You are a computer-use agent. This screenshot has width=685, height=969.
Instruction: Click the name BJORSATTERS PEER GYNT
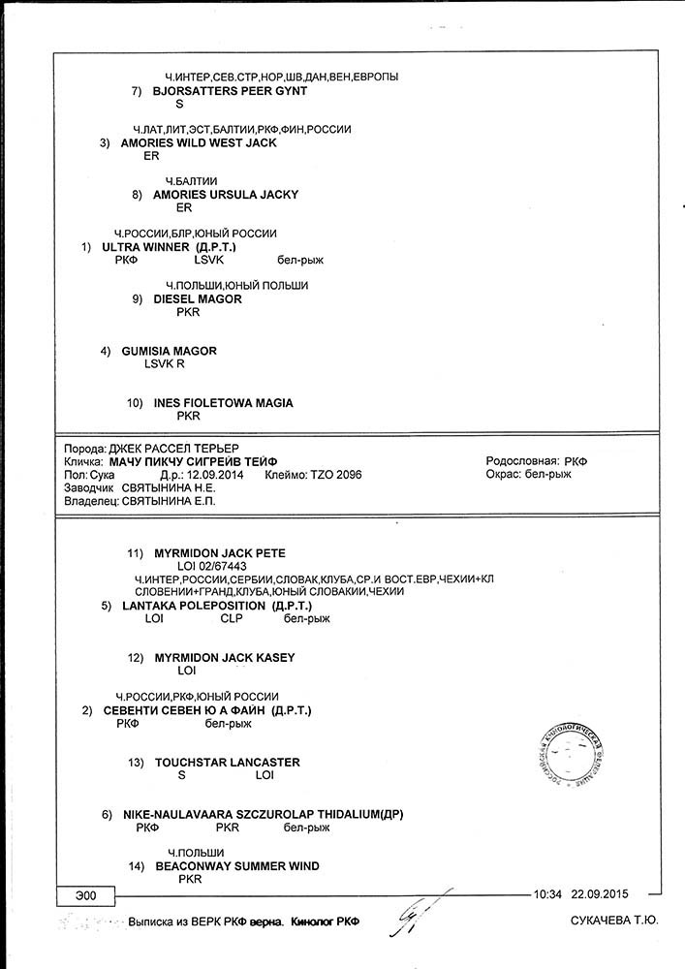click(x=230, y=91)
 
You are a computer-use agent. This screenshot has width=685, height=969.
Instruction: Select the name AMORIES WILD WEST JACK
click(x=198, y=142)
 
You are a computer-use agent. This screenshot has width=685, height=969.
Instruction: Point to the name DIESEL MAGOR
click(x=198, y=299)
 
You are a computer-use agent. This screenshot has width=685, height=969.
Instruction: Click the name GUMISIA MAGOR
click(x=169, y=351)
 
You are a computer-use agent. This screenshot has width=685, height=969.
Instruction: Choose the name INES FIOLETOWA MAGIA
click(x=223, y=403)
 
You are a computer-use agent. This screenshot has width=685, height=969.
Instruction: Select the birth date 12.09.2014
click(x=214, y=476)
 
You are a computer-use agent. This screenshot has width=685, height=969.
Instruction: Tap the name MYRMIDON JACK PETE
click(x=220, y=553)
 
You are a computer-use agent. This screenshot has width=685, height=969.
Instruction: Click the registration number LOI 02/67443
click(x=212, y=566)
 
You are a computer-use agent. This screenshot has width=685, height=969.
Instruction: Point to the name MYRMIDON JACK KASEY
click(x=225, y=658)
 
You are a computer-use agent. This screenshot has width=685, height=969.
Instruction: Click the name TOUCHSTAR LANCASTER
click(x=228, y=763)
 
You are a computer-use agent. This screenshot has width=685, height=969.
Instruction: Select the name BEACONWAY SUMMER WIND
click(x=236, y=866)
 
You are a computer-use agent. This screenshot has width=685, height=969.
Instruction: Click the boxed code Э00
click(x=85, y=894)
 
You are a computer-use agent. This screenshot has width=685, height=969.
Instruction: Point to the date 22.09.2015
click(x=601, y=894)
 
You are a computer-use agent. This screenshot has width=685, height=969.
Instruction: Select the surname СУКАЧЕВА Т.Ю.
click(x=614, y=922)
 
